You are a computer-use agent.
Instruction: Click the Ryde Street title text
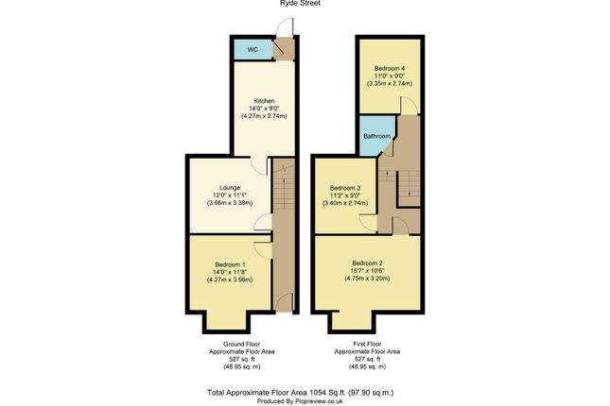300,4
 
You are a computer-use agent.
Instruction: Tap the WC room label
253,49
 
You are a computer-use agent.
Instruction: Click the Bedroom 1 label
230,263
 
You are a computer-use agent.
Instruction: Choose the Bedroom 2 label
368,262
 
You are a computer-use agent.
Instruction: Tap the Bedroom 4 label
389,68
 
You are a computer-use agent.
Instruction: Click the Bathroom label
377,136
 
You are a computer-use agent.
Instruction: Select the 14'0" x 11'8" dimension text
230,272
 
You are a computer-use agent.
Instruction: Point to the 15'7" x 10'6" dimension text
368,271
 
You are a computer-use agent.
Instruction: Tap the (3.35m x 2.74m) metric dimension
389,84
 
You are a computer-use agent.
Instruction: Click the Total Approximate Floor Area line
300,391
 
